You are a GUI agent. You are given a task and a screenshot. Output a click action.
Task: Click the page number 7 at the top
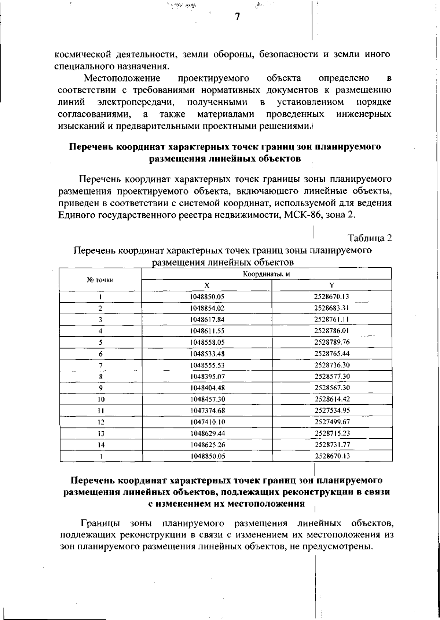pyautogui.click(x=237, y=17)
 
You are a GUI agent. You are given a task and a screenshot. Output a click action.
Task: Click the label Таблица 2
pyautogui.click(x=370, y=238)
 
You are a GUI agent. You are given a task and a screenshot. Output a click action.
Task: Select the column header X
pyautogui.click(x=207, y=285)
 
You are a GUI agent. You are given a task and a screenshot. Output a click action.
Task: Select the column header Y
pyautogui.click(x=332, y=285)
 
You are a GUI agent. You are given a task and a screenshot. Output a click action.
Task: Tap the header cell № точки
pyautogui.click(x=100, y=280)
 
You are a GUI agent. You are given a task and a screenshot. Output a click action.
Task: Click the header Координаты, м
pyautogui.click(x=267, y=274)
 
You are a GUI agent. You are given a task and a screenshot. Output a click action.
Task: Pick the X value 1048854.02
pyautogui.click(x=207, y=308)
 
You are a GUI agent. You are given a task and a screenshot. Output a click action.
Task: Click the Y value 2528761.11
pyautogui.click(x=332, y=319)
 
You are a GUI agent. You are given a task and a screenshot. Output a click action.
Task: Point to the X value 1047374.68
pyautogui.click(x=207, y=410)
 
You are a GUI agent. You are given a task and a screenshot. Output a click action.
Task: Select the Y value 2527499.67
pyautogui.click(x=332, y=422)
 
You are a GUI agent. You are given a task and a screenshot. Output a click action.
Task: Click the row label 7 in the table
pyautogui.click(x=100, y=365)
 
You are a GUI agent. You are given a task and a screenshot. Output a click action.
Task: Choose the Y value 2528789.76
pyautogui.click(x=332, y=342)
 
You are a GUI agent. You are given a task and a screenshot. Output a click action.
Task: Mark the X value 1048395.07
pyautogui.click(x=207, y=377)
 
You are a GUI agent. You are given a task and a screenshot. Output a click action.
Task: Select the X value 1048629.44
pyautogui.click(x=207, y=433)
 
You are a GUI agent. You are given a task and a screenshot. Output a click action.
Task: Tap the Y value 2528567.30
pyautogui.click(x=332, y=388)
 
